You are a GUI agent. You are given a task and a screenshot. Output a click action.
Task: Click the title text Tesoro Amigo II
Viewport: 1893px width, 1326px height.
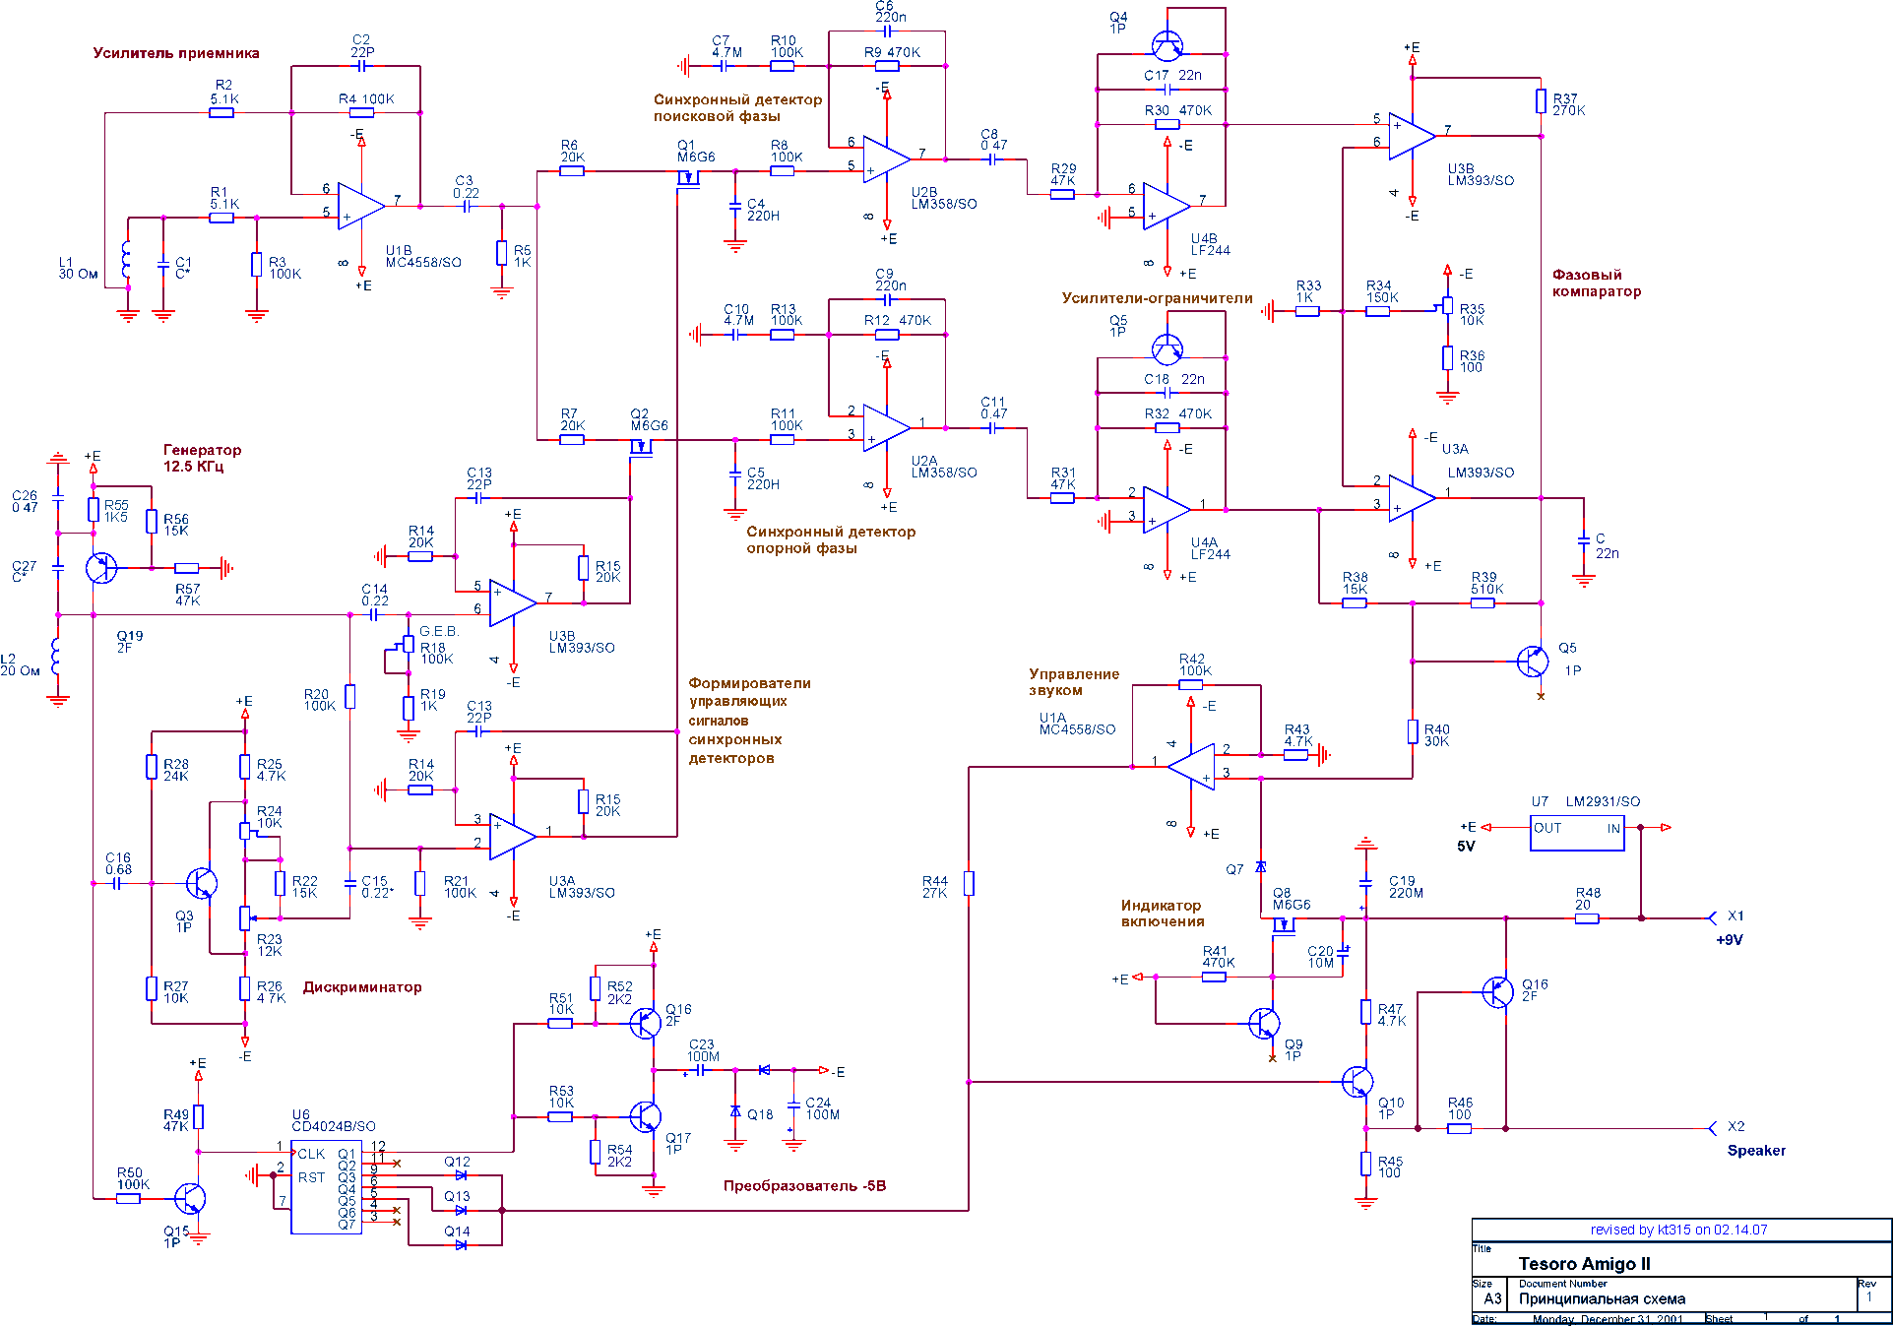(x=1584, y=1264)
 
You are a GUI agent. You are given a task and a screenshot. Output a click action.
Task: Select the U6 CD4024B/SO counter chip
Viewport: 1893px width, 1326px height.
(x=326, y=1187)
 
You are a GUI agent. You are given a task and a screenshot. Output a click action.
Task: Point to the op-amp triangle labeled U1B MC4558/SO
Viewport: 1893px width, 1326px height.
(x=360, y=206)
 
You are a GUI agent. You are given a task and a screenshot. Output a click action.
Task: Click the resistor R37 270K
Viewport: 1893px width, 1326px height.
(x=1541, y=101)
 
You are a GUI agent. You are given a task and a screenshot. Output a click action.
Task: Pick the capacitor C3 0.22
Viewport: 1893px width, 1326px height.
(x=467, y=207)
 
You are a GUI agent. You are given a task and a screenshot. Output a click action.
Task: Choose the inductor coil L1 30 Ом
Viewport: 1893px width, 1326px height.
(x=126, y=261)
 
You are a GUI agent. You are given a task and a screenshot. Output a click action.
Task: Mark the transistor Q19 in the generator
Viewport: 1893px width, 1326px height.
(x=100, y=568)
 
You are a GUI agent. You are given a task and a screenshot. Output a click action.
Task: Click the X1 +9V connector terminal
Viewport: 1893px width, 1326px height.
(x=1713, y=917)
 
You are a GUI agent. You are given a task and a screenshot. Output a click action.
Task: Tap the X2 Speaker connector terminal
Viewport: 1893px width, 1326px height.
(x=1713, y=1128)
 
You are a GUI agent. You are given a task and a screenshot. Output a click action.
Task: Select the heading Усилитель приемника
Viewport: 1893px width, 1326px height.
(x=176, y=53)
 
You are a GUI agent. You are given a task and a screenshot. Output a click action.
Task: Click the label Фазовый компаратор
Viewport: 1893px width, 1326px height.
(x=1596, y=284)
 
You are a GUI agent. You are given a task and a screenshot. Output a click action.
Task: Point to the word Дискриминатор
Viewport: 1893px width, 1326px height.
(x=362, y=987)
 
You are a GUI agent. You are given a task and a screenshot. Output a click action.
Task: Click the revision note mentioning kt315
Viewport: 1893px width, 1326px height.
(x=1678, y=1230)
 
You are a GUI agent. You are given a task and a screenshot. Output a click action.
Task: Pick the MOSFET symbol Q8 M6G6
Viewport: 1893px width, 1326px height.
(x=1282, y=924)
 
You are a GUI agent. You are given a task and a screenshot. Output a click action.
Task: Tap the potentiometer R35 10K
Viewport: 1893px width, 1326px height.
(x=1447, y=308)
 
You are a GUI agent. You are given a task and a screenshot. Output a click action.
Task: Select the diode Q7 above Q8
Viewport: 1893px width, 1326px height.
(x=1261, y=867)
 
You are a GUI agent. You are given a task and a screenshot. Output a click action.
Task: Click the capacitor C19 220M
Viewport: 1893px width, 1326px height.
(x=1365, y=881)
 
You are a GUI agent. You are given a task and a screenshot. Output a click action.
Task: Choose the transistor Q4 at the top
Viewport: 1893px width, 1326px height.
(x=1167, y=44)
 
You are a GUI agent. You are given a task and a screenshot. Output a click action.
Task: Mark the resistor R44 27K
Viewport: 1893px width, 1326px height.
(x=969, y=883)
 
